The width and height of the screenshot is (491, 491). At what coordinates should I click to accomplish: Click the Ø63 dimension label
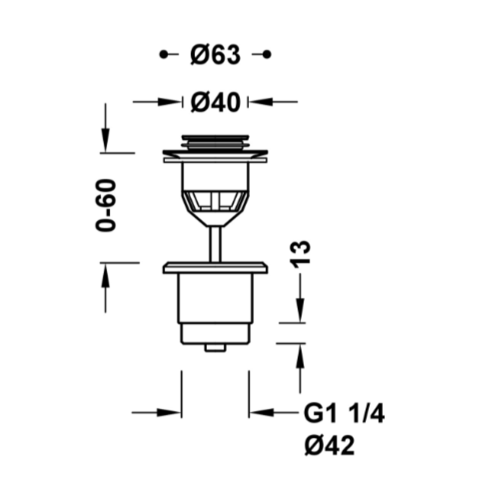(x=216, y=55)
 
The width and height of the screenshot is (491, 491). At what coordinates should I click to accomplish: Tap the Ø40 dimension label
(x=216, y=102)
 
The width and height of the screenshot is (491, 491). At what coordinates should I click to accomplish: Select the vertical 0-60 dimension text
(x=106, y=205)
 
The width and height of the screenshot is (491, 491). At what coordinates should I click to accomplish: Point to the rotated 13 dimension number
(x=300, y=254)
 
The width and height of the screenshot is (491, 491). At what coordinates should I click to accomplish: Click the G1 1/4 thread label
(x=344, y=414)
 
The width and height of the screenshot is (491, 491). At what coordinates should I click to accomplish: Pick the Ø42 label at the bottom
(x=329, y=446)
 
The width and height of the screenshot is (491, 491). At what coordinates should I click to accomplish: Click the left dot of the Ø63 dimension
(x=163, y=55)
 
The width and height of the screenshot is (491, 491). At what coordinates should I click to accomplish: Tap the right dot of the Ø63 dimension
(x=267, y=55)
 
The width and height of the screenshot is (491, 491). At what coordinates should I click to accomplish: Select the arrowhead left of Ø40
(x=169, y=102)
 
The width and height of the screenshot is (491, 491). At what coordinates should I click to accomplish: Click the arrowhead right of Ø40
(x=261, y=102)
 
